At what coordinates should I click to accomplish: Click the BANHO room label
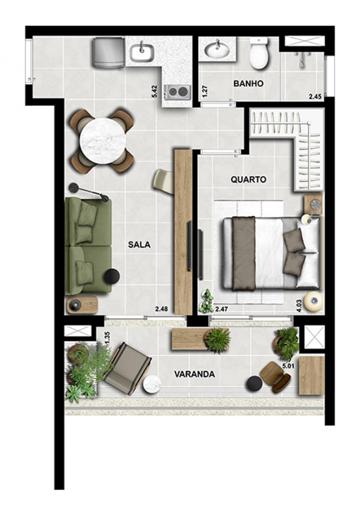(248, 83)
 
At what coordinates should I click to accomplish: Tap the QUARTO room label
(248, 180)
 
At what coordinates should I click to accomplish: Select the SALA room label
(139, 244)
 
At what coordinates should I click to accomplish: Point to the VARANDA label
(194, 374)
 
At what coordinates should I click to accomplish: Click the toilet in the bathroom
(259, 54)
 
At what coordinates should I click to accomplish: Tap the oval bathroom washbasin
(217, 50)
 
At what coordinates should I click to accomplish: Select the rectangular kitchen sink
(142, 52)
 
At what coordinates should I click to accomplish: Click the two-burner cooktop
(179, 92)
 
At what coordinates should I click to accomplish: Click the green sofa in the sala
(89, 246)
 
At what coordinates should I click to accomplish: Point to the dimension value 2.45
(315, 96)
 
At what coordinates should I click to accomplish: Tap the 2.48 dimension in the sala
(162, 309)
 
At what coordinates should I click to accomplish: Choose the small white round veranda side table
(152, 384)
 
